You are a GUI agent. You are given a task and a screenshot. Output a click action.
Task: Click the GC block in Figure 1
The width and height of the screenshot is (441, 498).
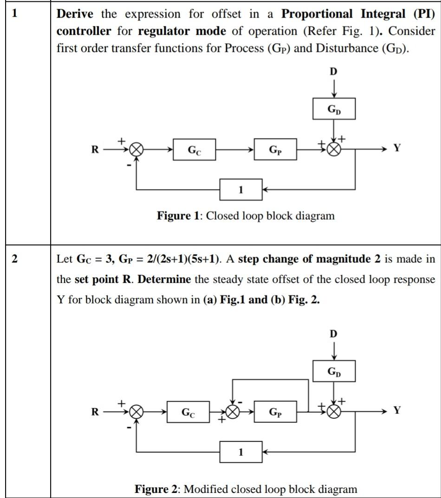[x=194, y=150]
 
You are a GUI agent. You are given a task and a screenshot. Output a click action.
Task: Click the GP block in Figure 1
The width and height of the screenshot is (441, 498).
[x=275, y=150]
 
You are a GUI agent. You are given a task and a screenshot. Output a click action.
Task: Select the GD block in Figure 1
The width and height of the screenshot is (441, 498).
[x=334, y=109]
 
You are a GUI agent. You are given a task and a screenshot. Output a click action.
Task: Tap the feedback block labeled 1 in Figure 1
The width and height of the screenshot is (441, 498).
[x=240, y=189]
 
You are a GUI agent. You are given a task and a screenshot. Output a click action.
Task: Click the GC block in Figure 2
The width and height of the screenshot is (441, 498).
[x=188, y=412]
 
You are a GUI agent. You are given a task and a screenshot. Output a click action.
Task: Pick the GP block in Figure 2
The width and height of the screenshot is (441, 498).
[x=275, y=412]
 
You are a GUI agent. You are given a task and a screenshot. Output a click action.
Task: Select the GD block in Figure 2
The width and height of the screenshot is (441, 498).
[x=334, y=372]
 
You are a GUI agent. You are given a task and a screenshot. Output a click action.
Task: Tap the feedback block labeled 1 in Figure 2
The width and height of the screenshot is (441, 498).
[x=240, y=452]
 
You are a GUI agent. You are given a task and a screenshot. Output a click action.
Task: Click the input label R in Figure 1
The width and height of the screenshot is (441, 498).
[x=95, y=150]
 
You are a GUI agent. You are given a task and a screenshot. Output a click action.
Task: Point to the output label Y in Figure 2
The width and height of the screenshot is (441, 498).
[x=396, y=410]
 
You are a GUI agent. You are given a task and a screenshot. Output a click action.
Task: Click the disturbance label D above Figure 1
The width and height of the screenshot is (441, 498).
[x=334, y=71]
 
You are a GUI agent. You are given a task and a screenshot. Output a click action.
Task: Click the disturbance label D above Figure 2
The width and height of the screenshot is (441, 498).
[x=334, y=334]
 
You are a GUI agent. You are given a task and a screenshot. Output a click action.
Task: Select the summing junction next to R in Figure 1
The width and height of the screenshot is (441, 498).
[x=136, y=150]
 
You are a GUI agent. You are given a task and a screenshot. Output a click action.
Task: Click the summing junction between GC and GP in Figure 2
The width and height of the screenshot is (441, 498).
[x=232, y=411]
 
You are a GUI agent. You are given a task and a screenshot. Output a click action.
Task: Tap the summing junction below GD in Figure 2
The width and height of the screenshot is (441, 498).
[x=334, y=411]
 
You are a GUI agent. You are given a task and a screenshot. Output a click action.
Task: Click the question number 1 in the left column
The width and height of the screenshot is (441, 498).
[x=14, y=13]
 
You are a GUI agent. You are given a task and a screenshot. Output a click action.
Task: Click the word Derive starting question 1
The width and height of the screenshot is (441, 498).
[x=76, y=14]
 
